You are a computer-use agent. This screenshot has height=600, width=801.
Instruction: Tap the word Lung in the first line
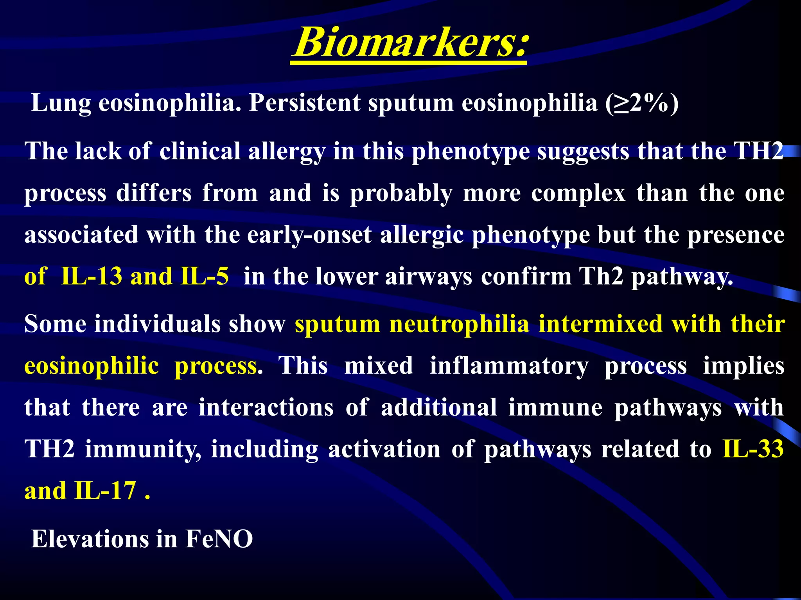click(61, 103)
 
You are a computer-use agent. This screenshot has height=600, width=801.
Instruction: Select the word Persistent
click(305, 103)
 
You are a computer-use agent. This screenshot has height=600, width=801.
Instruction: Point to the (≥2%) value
click(642, 103)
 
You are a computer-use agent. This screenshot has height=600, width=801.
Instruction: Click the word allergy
click(287, 152)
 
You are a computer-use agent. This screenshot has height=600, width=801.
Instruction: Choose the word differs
click(154, 193)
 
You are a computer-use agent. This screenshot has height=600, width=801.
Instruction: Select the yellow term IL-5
click(205, 277)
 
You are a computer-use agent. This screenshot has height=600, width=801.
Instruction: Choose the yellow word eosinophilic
click(92, 366)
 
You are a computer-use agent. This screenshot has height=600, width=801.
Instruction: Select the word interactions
click(266, 407)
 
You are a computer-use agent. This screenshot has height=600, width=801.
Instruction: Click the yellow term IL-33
click(753, 449)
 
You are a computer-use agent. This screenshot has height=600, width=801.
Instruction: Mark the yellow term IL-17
click(105, 491)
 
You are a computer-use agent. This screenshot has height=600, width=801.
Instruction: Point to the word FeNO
click(219, 539)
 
